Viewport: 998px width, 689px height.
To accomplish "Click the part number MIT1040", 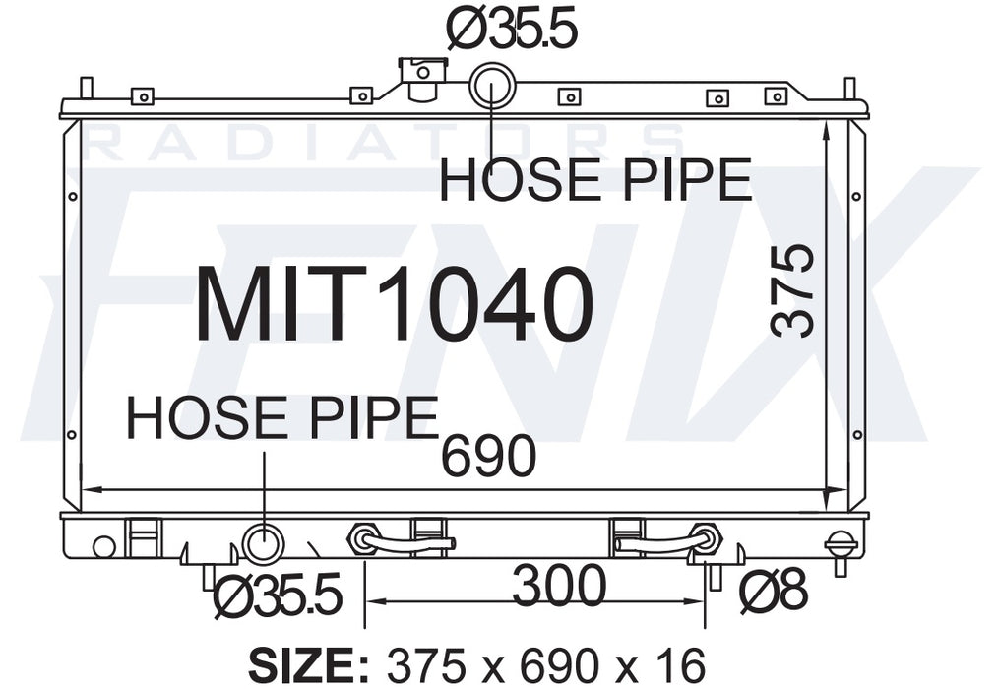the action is coord(395,304).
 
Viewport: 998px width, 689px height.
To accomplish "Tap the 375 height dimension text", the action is coord(792,290).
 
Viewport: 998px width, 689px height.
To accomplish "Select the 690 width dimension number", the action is coord(489,456).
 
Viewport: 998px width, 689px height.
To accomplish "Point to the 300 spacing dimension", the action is coord(559,586).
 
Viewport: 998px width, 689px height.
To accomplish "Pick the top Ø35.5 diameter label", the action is coord(512,28).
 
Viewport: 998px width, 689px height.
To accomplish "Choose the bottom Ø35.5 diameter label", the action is coord(279,595).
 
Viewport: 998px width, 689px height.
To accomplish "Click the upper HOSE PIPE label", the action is coord(595,180).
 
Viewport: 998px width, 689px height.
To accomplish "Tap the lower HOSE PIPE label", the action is coord(282,417).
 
